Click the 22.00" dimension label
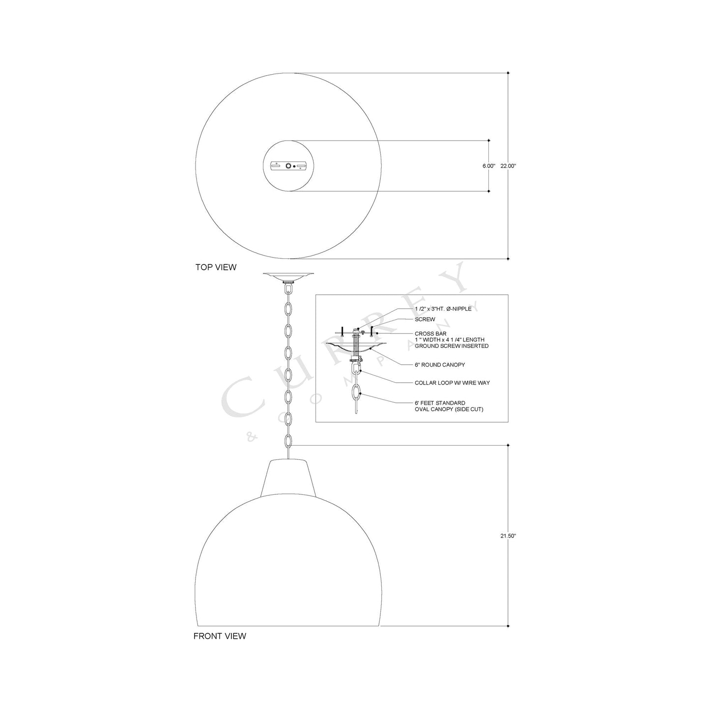(x=508, y=166)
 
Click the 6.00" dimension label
(x=489, y=166)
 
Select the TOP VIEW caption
(x=216, y=267)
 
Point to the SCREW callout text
(x=425, y=319)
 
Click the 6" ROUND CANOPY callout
(x=440, y=365)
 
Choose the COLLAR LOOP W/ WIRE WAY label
(x=452, y=383)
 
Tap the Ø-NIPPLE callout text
(x=459, y=309)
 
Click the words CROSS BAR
(x=430, y=334)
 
